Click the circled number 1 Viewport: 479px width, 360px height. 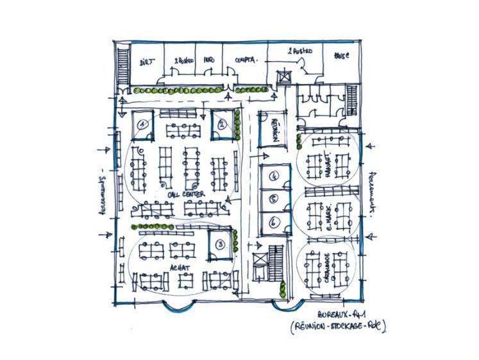(x=144, y=123)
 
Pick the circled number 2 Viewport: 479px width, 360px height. (x=221, y=125)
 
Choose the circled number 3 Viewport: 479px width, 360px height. (x=220, y=244)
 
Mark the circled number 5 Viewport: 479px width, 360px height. (x=273, y=199)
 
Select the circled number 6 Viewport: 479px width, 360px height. (x=273, y=222)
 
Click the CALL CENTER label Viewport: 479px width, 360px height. (x=186, y=193)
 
